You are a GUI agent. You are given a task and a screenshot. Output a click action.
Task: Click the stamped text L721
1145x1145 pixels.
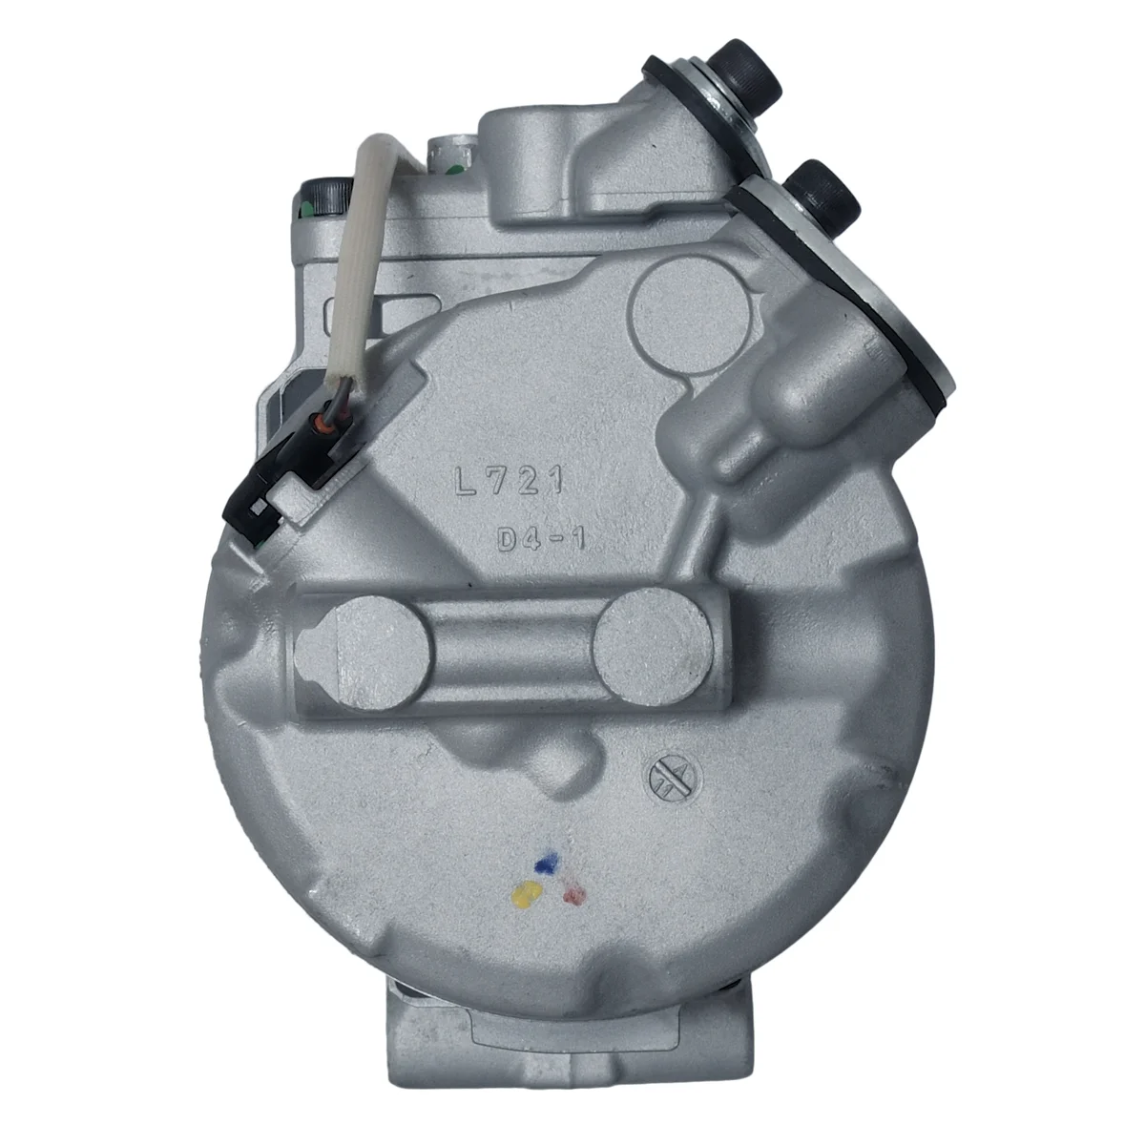(508, 480)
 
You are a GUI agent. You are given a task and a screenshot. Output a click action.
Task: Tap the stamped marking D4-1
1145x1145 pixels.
(541, 540)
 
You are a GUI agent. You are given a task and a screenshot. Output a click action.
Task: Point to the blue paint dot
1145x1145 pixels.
(547, 863)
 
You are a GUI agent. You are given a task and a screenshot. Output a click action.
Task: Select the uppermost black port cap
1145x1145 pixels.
(744, 72)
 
